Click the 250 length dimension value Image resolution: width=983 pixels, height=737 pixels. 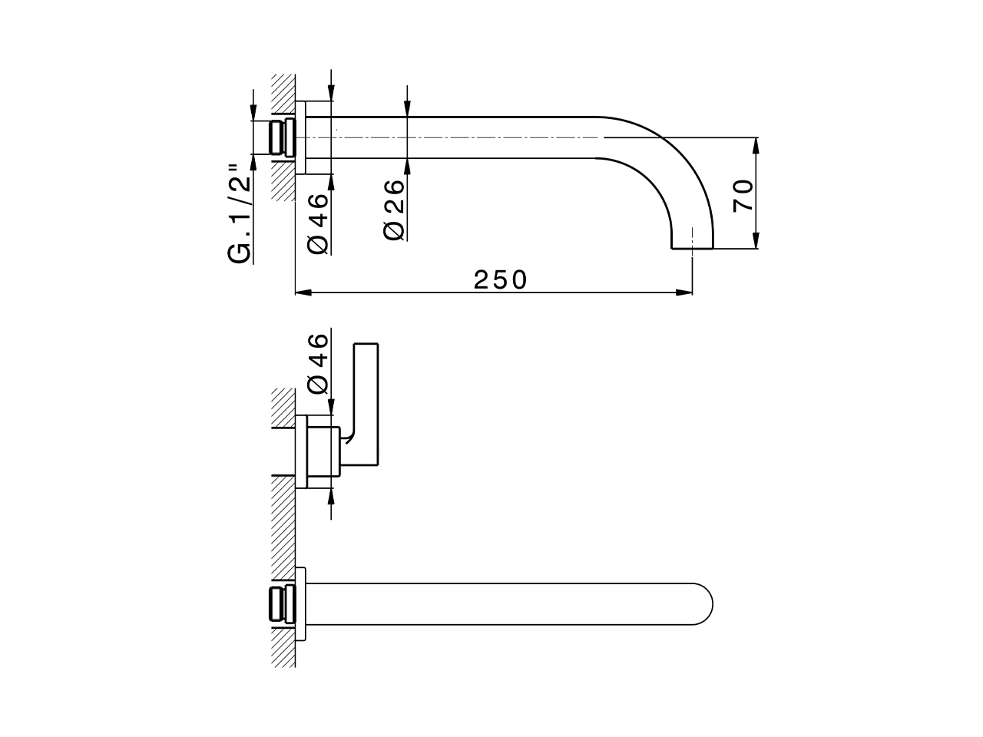(501, 279)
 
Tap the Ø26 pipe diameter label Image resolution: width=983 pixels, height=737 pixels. (393, 209)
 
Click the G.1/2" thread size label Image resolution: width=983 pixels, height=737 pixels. (240, 211)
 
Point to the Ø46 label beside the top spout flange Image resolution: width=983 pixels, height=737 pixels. (318, 223)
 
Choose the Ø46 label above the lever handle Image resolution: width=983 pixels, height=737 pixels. (318, 363)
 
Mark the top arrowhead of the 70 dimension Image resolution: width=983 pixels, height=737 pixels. (756, 144)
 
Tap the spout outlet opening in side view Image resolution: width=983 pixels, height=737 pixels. (693, 247)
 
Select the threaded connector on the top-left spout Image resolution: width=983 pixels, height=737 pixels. (281, 138)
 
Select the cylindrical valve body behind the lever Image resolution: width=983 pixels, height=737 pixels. (323, 451)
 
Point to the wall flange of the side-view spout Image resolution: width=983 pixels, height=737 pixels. (301, 138)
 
